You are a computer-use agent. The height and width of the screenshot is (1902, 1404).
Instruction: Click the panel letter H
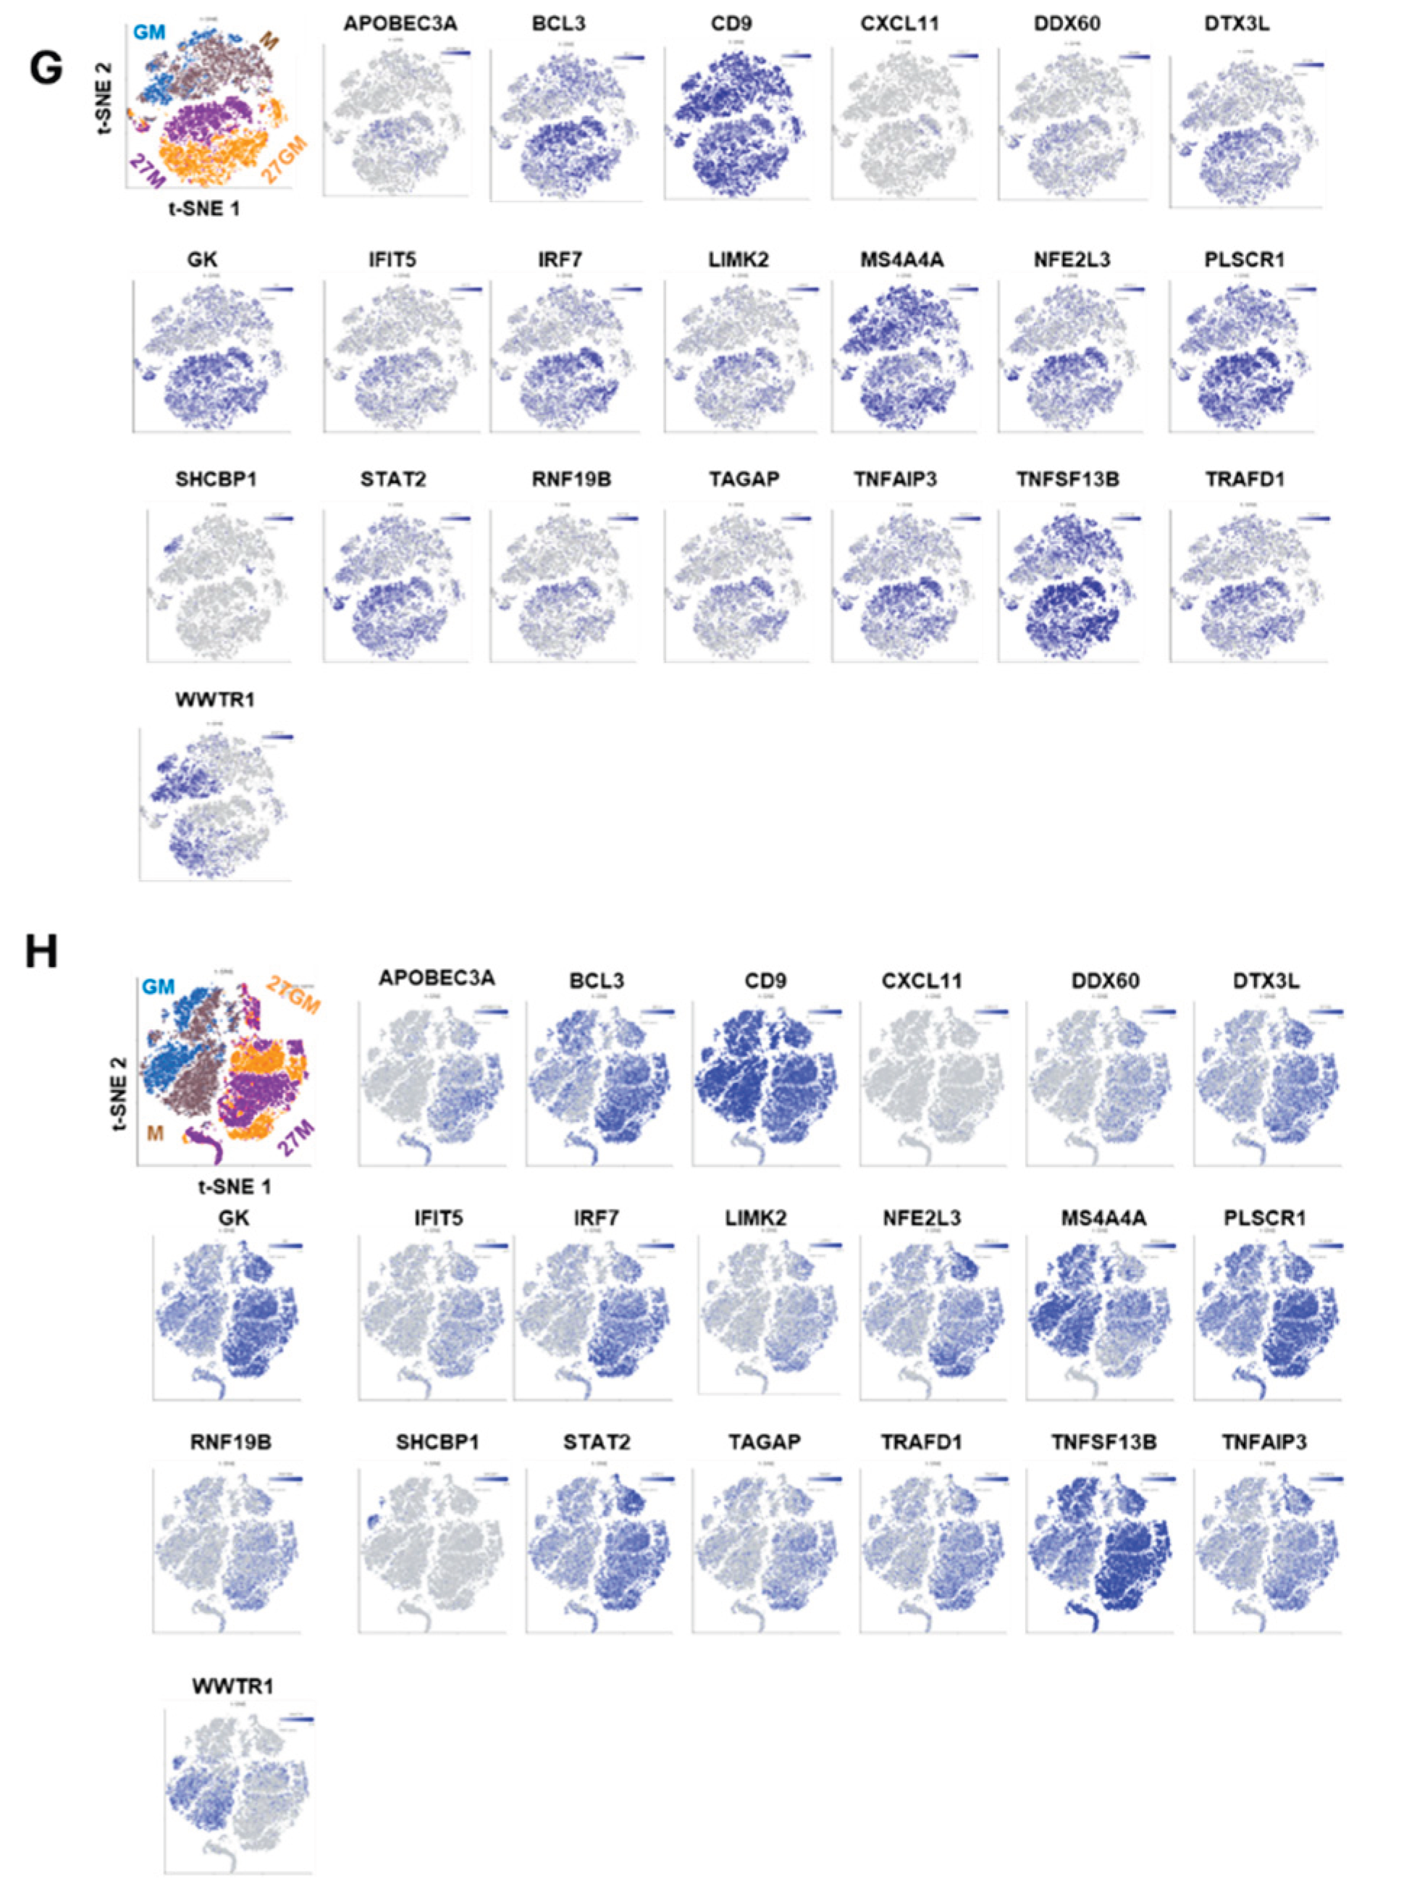41,952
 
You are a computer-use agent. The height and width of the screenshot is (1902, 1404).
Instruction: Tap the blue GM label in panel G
148,33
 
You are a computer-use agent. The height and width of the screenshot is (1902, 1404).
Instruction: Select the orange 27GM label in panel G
285,161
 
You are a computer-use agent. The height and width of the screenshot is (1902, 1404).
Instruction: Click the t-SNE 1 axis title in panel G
204,209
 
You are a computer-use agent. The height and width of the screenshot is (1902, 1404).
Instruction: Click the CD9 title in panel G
729,23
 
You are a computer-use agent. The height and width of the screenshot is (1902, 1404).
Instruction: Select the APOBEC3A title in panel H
437,978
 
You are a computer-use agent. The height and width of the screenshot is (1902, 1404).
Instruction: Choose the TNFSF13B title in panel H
1104,1442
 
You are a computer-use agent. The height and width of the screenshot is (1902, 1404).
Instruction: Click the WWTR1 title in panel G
214,700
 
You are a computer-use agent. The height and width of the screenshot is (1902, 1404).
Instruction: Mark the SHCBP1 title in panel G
216,479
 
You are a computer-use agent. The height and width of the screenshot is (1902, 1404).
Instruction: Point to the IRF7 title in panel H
595,1218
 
